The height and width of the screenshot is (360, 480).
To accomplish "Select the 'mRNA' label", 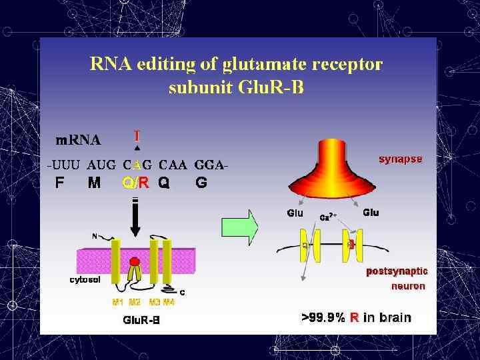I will pos(78,140).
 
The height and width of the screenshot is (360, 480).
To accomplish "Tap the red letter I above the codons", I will pos(137,135).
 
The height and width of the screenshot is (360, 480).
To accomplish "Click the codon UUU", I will pos(64,165).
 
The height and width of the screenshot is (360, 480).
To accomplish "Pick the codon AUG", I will pos(101,165).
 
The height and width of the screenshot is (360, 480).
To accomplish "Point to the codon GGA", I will pos(211,165).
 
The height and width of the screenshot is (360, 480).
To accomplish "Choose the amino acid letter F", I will pos(61,183).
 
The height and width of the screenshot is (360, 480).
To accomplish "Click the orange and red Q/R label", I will pos(136,183).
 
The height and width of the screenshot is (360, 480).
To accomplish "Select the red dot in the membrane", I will pos(135,261).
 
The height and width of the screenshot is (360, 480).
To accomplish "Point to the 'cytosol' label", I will pos(85,280).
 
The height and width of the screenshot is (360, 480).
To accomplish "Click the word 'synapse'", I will pos(400,159).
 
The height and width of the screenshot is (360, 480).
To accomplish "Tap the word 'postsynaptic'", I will pos(397,271).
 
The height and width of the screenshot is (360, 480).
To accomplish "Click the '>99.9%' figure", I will pos(323,317).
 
